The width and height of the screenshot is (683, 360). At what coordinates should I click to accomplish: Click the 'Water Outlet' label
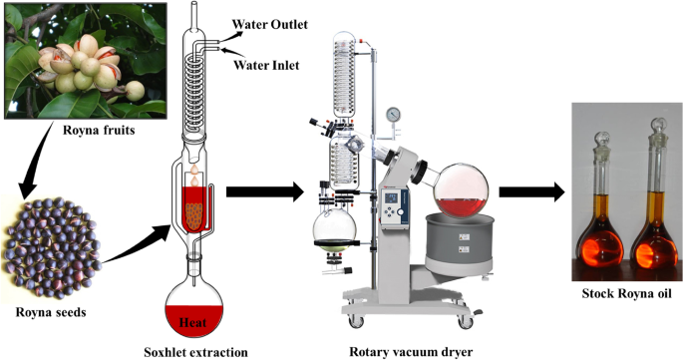point(269,24)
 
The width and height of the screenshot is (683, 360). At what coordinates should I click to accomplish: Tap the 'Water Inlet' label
point(266,66)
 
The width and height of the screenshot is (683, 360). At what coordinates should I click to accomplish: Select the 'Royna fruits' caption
point(99,130)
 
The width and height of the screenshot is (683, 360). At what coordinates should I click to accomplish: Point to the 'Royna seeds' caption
point(51,312)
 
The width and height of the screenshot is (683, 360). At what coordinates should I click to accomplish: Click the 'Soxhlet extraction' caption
point(195,352)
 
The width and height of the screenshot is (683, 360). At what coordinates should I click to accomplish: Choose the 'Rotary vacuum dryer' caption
point(411,351)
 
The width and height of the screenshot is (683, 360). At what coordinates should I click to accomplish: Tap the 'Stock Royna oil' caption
point(627,293)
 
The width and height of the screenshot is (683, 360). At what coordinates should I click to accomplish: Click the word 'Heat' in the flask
point(193,323)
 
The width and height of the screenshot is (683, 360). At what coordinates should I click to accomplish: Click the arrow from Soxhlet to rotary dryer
point(265,191)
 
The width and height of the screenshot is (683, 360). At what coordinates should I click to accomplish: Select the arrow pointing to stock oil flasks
point(531,191)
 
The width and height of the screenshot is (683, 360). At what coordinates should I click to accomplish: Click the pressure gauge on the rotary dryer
point(393,115)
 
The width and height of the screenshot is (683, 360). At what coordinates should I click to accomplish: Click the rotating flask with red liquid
point(462,190)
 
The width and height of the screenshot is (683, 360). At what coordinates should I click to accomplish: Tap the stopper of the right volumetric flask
point(658,127)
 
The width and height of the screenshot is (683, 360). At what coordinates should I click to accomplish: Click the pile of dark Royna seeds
point(52,247)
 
